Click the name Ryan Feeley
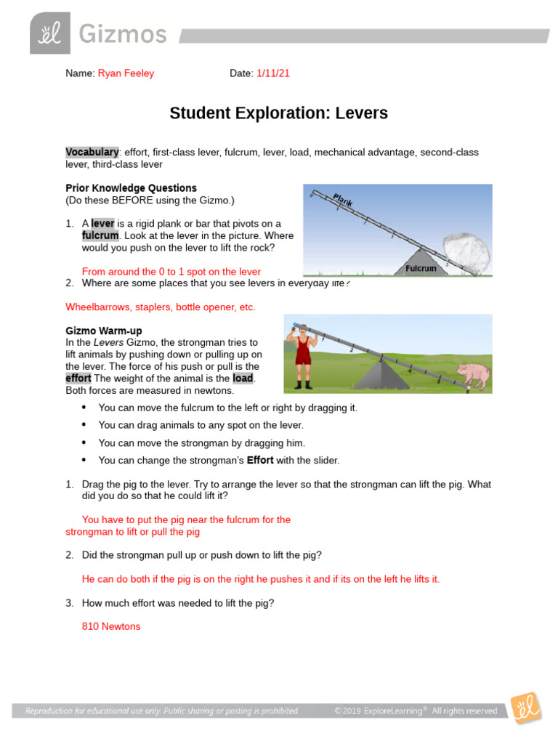pos(126,73)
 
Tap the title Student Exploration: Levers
pos(278,113)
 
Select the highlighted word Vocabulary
pos(92,152)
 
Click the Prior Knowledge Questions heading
pos(131,187)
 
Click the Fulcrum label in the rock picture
pos(421,269)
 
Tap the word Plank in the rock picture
pos(343,201)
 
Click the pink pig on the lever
pos(473,376)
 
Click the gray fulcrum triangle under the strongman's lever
pos(379,375)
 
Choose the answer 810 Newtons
pos(111,626)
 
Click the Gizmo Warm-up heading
pos(103,331)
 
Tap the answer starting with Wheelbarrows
pos(161,307)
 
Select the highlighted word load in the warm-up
pos(243,379)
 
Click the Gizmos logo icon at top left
pos(50,33)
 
